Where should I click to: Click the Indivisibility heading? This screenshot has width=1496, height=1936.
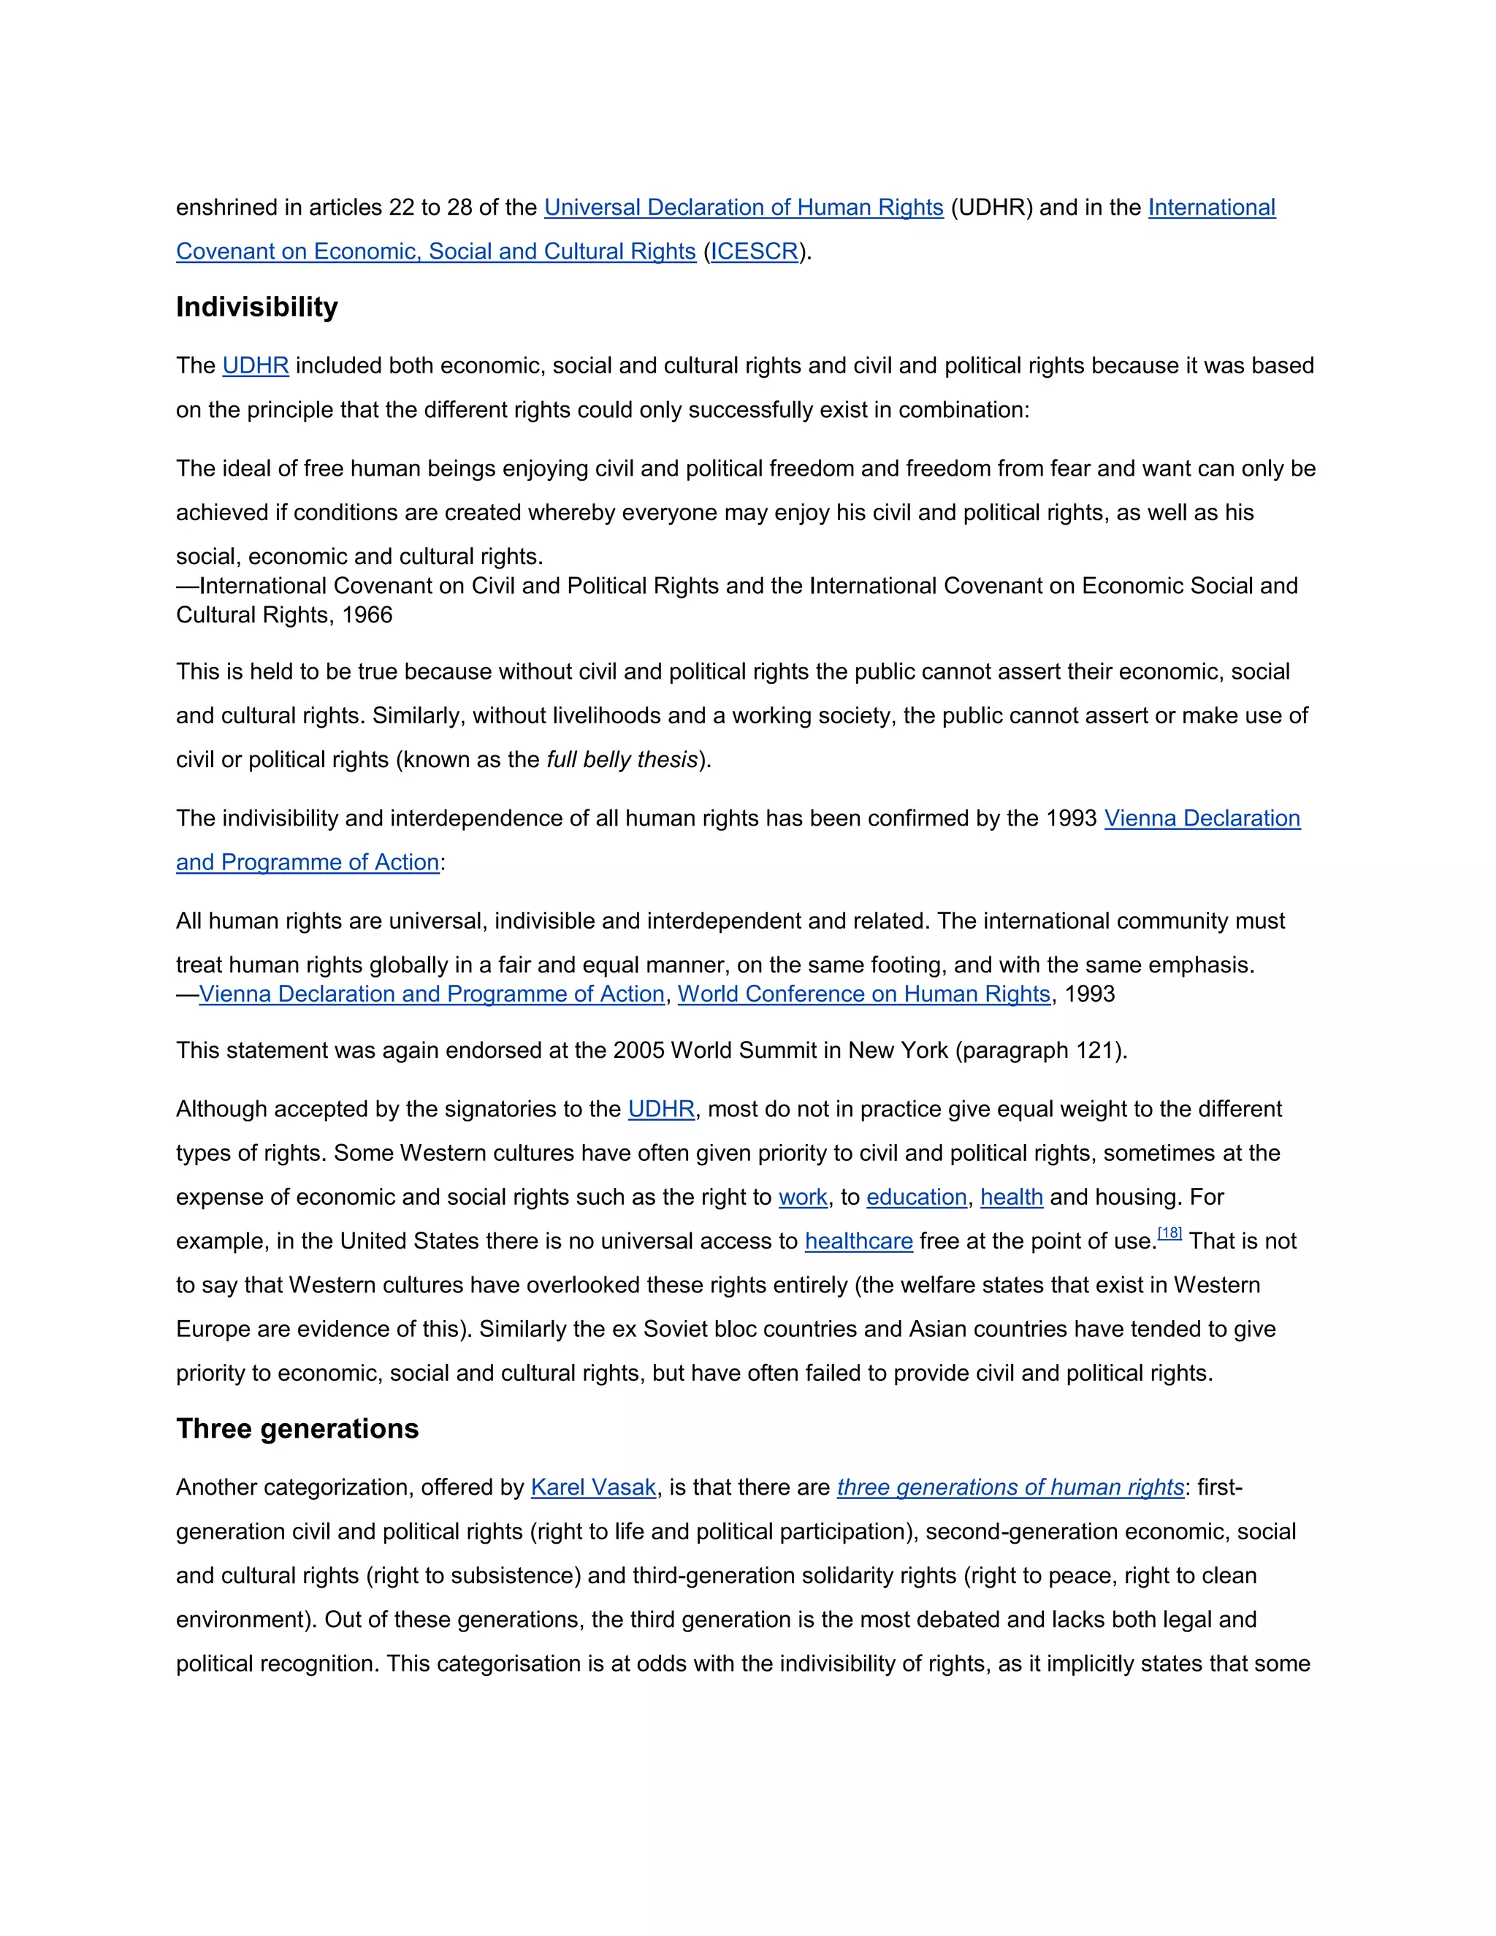[x=257, y=307]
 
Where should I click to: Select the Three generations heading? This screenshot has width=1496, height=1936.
[x=297, y=1428]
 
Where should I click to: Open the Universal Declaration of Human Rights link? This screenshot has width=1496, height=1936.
[x=743, y=207]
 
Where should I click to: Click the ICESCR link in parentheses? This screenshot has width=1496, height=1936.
[x=754, y=252]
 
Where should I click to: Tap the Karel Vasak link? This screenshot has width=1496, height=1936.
[x=593, y=1487]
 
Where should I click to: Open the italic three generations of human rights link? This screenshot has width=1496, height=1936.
[x=1010, y=1487]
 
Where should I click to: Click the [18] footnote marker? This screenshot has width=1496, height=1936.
[x=1170, y=1233]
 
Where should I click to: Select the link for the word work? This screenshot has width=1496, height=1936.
[x=803, y=1197]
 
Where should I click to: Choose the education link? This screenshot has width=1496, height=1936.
[x=917, y=1197]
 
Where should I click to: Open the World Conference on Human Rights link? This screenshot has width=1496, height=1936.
[x=864, y=994]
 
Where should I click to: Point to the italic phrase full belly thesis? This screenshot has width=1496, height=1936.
[x=622, y=761]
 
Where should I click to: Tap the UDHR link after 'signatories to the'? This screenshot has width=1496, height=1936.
[x=661, y=1110]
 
